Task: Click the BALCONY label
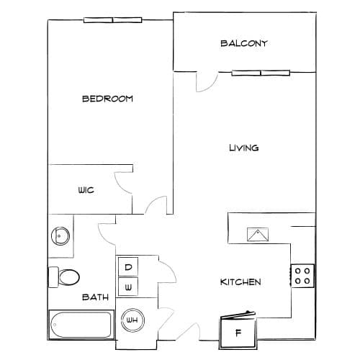(244, 43)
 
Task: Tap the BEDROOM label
(107, 99)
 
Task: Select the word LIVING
(244, 148)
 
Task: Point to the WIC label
(86, 190)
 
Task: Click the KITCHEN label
(240, 282)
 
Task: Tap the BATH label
(95, 297)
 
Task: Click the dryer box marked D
(128, 266)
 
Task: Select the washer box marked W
(128, 287)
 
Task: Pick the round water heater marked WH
(132, 320)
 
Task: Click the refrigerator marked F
(238, 332)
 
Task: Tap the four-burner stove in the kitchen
(302, 276)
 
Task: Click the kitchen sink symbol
(258, 235)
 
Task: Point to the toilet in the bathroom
(64, 277)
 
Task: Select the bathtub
(81, 325)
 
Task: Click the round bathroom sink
(60, 236)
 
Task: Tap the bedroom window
(112, 20)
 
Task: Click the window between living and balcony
(261, 73)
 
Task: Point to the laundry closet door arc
(172, 269)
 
